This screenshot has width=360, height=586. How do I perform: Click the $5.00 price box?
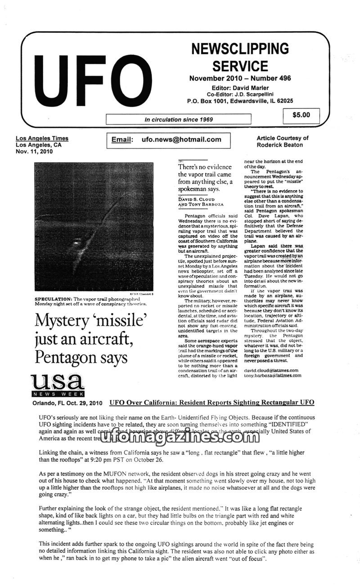click(301, 115)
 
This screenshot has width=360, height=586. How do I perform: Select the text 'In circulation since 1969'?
click(179, 120)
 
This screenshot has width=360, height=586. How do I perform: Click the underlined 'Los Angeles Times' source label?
click(42, 139)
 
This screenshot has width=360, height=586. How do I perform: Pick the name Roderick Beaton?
click(280, 145)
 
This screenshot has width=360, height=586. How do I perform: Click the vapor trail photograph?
click(94, 227)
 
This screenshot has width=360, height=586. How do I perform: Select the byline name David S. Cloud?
click(196, 199)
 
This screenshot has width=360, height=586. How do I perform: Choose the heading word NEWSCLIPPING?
click(240, 49)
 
